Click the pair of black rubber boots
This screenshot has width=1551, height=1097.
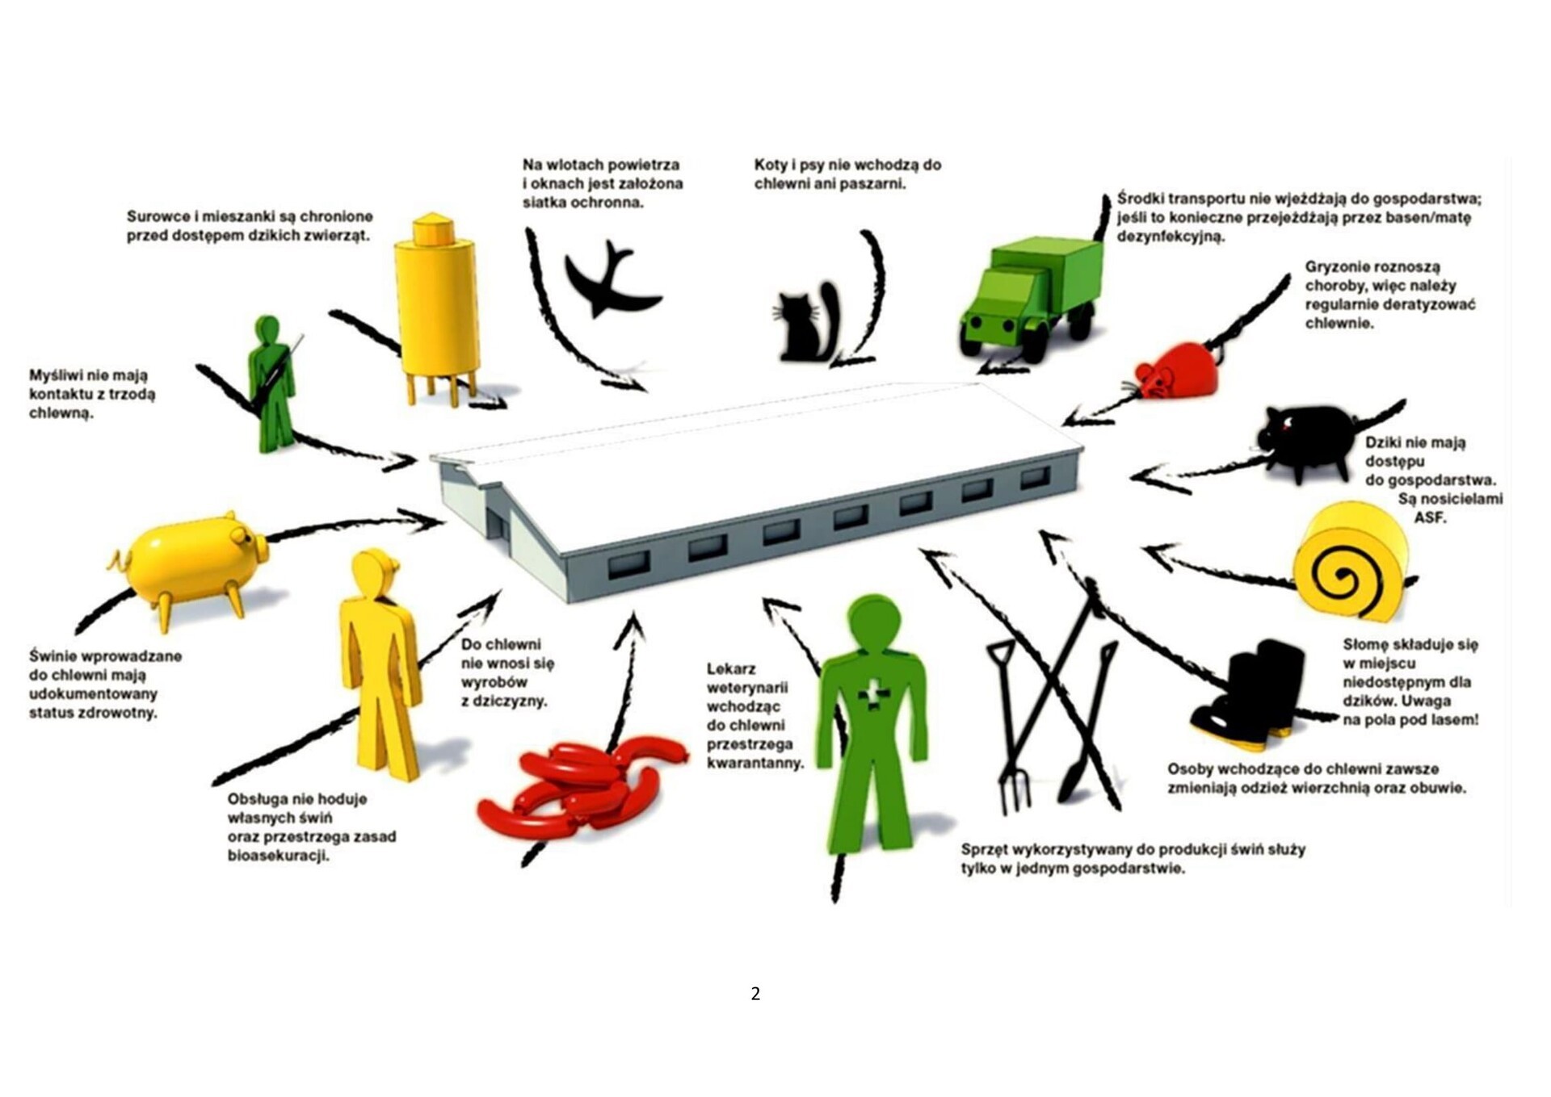pyautogui.click(x=1248, y=690)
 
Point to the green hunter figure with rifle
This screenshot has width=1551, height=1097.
pyautogui.click(x=271, y=383)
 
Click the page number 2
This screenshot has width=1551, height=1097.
pyautogui.click(x=755, y=994)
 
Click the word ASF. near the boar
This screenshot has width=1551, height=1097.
pyautogui.click(x=1429, y=517)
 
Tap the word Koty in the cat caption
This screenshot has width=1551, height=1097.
pyautogui.click(x=771, y=165)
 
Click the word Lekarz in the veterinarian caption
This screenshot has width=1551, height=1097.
pyautogui.click(x=731, y=669)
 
